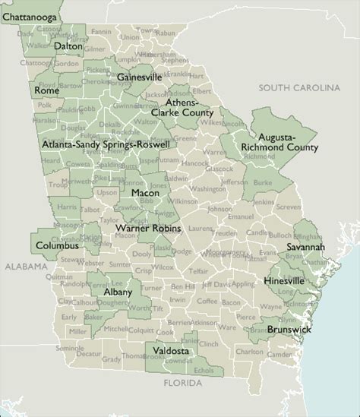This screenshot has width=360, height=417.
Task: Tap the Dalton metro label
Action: coord(68,46)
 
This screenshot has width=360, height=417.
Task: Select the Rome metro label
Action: coord(46,90)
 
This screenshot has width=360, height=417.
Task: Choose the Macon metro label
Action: coord(144,193)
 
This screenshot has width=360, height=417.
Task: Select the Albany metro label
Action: coord(117,292)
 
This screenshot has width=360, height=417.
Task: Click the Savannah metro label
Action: coord(306,248)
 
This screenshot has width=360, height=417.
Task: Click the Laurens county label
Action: coord(201,227)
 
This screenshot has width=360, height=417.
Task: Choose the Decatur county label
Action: coord(90,353)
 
